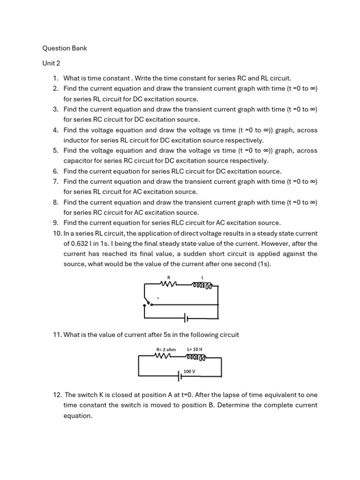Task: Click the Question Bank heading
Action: coord(65,48)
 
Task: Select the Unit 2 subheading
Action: coord(51,63)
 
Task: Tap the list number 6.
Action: coord(55,172)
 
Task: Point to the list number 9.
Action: coord(55,223)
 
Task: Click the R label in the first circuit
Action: coord(168,277)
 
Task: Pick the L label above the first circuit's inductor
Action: coord(202,277)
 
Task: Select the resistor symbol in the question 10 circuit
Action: coord(168,284)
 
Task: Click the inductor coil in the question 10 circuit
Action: coord(202,285)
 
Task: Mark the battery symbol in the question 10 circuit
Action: coord(186,319)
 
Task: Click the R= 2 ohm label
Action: coord(166,349)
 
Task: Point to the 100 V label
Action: coord(189,371)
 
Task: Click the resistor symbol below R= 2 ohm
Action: coord(163,356)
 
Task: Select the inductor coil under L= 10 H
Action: coord(195,357)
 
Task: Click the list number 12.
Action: coord(57,395)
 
